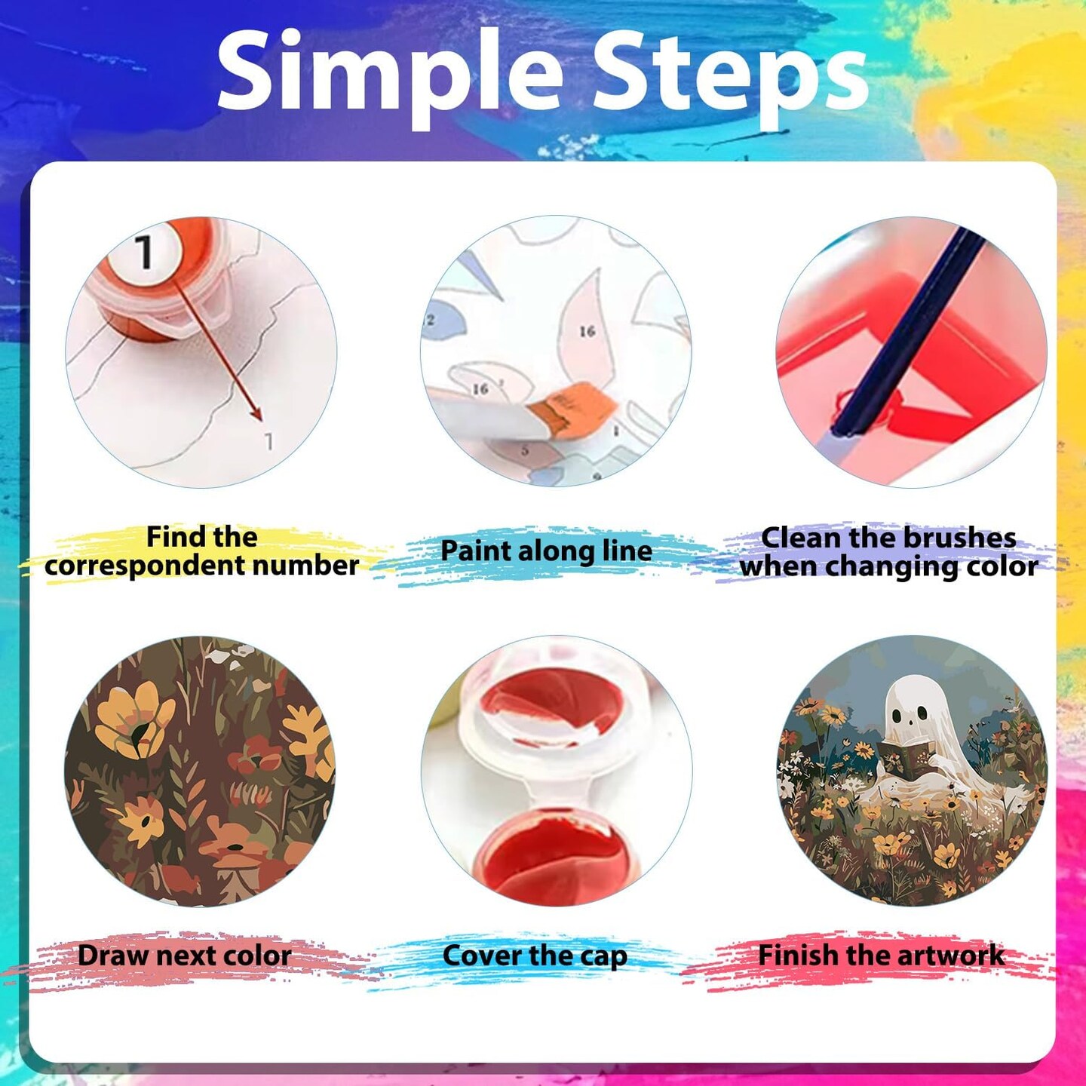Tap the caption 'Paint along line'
click(545, 551)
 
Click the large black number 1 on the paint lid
click(144, 251)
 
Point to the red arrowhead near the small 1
click(257, 414)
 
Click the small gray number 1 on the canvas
click(269, 441)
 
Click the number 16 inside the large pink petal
click(587, 331)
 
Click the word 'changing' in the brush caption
click(893, 567)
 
